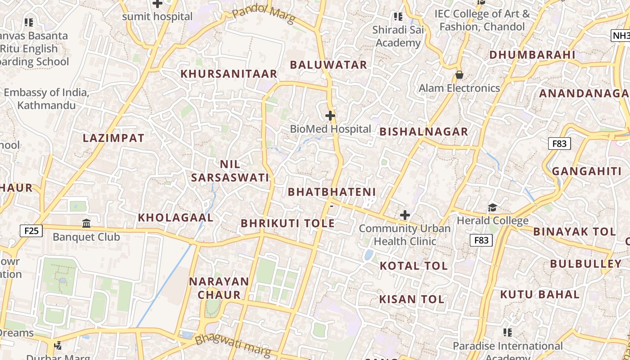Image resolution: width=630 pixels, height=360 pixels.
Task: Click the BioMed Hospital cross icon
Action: (330, 116)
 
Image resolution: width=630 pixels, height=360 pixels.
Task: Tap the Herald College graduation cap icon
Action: (492, 207)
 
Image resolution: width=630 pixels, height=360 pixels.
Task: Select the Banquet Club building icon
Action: (86, 223)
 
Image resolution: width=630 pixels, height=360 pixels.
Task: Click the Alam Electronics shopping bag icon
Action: (459, 74)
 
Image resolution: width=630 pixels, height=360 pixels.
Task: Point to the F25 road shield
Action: (31, 231)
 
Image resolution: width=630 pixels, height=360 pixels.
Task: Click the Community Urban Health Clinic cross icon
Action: (405, 215)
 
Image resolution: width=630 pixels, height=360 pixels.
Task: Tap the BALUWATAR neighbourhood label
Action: (328, 65)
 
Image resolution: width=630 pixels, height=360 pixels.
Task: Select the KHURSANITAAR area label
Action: (229, 74)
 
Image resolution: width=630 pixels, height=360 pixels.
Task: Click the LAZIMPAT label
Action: (113, 138)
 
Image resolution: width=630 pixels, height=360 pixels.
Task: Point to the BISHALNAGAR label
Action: (424, 132)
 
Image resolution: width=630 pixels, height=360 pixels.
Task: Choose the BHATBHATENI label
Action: (332, 192)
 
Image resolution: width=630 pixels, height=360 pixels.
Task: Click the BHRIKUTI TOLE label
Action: (288, 223)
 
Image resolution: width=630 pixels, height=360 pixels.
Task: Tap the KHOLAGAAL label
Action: (175, 217)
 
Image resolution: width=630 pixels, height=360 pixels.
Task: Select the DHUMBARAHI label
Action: (532, 55)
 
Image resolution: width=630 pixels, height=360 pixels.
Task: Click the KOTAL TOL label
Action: (414, 266)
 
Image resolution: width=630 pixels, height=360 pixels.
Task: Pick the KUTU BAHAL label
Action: (540, 295)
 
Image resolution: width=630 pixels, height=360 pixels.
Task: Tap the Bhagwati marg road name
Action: (233, 345)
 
